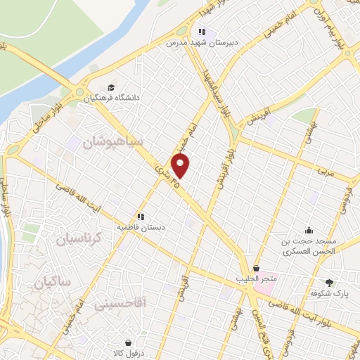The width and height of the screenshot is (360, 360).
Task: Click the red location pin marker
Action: click(x=181, y=167)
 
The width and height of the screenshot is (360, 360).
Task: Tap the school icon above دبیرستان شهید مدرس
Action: click(x=202, y=32)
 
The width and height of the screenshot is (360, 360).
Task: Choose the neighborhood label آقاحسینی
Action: click(x=118, y=304)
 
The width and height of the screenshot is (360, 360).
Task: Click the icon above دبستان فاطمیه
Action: click(x=141, y=217)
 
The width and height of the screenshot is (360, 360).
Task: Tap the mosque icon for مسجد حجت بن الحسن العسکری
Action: click(x=309, y=229)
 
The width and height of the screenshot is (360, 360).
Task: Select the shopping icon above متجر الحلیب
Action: click(x=256, y=269)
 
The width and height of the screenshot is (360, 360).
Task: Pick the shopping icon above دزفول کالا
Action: click(x=127, y=335)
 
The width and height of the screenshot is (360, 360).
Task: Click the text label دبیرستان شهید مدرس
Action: click(x=199, y=42)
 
